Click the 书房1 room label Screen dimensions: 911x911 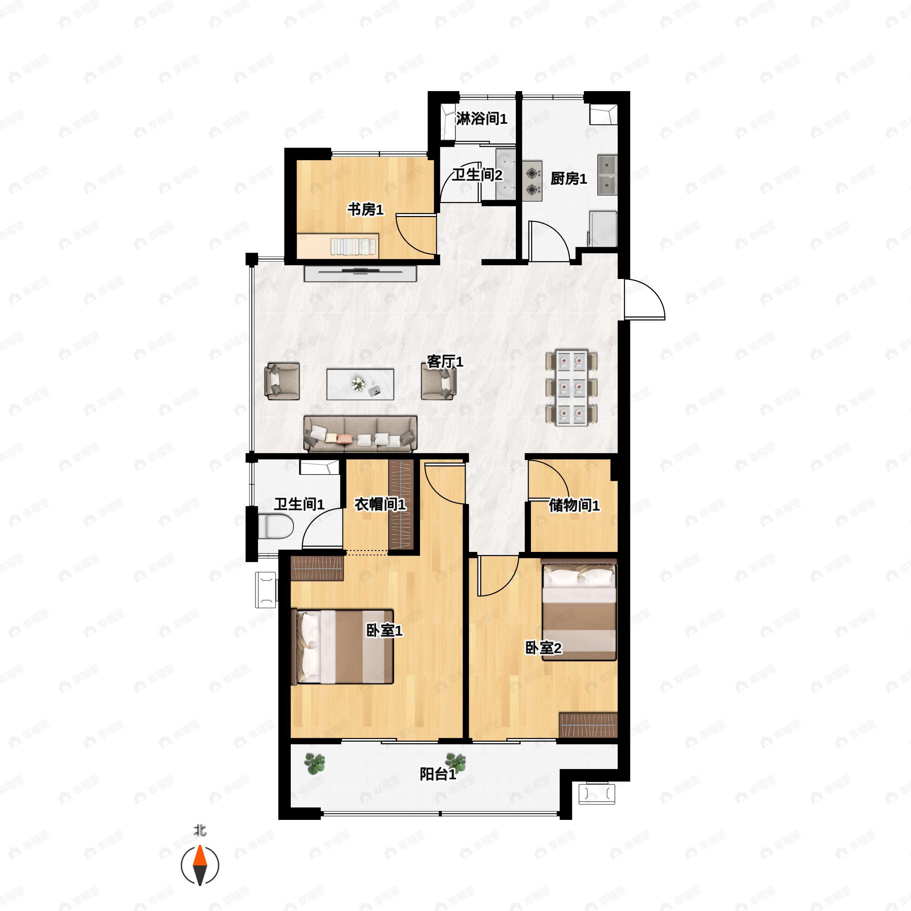(366, 210)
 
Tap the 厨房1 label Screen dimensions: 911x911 (569, 179)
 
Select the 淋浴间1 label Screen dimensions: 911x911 (481, 119)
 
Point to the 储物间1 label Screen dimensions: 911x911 (574, 506)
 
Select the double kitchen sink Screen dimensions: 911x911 (607, 175)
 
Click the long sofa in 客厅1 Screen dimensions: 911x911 (360, 434)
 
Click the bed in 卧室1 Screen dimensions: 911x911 (344, 646)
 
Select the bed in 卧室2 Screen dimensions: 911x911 (579, 610)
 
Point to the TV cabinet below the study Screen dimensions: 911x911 (360, 273)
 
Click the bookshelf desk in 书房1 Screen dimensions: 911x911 (337, 246)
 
